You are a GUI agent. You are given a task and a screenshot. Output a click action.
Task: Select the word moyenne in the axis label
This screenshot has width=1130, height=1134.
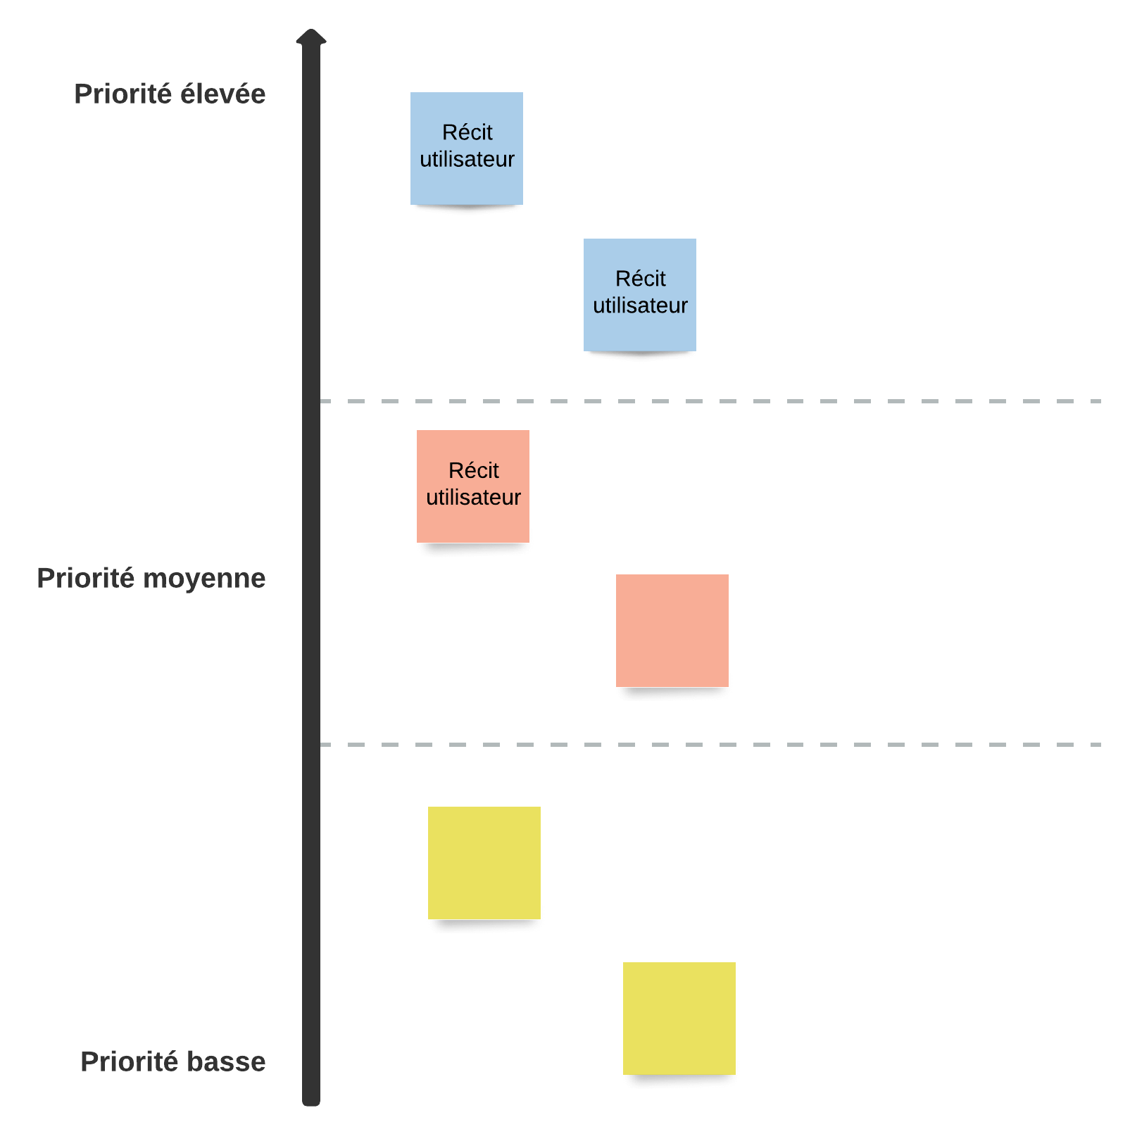click(x=204, y=579)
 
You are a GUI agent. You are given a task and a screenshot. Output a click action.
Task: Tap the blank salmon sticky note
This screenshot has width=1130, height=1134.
click(x=672, y=631)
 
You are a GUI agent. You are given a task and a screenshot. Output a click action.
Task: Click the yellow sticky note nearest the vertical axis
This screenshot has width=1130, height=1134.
click(x=484, y=863)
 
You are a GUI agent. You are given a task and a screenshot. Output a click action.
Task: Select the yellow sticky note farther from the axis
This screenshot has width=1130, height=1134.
click(x=679, y=1019)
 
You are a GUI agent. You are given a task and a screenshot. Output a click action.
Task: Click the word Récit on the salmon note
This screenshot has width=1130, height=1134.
click(x=473, y=470)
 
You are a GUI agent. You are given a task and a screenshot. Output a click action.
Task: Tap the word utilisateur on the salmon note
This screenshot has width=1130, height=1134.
click(x=473, y=498)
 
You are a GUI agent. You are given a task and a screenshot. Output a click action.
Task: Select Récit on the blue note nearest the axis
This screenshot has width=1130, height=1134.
click(x=467, y=132)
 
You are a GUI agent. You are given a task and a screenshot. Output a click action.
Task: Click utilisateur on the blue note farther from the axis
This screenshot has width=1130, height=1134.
click(x=640, y=305)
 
